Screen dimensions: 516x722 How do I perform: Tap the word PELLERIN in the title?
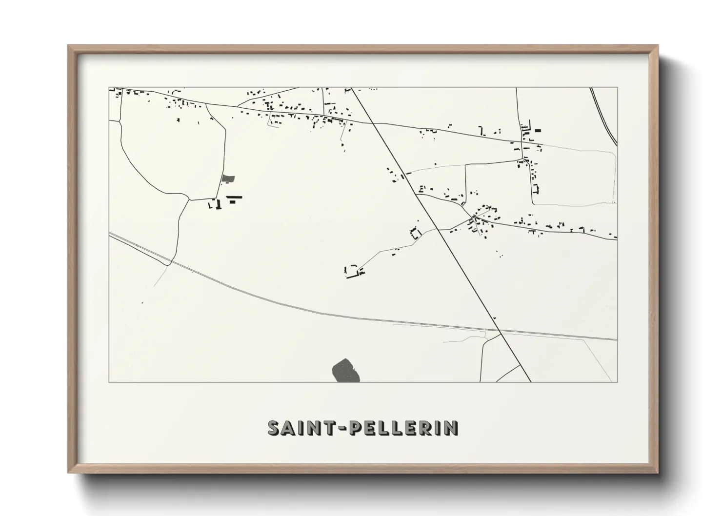pyautogui.click(x=403, y=428)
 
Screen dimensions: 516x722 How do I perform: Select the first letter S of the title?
pyautogui.click(x=274, y=428)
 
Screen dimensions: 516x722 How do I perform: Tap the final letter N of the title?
pyautogui.click(x=452, y=428)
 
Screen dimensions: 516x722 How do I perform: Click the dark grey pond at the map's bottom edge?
pyautogui.click(x=345, y=371)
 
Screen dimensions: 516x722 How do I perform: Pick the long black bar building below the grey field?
pyautogui.click(x=234, y=197)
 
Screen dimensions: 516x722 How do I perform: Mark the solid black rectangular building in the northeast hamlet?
pyautogui.click(x=538, y=130)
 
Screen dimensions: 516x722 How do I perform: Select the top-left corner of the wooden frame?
pyautogui.click(x=68, y=45)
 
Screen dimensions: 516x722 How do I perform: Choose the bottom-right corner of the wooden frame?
pyautogui.click(x=658, y=473)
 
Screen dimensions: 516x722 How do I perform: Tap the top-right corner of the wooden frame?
pyautogui.click(x=658, y=45)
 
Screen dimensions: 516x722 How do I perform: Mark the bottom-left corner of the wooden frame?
pyautogui.click(x=68, y=473)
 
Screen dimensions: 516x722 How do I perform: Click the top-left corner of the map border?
pyautogui.click(x=109, y=87)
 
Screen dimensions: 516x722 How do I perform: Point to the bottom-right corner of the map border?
pyautogui.click(x=617, y=382)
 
